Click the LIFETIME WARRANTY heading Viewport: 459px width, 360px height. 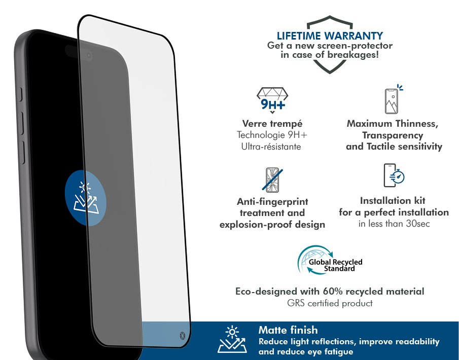pos(330,35)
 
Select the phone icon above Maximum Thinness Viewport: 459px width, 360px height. pos(394,99)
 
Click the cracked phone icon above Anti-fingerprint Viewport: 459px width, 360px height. pos(272,179)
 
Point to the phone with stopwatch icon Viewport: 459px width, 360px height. pos(394,175)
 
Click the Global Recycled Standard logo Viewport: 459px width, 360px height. pos(330,260)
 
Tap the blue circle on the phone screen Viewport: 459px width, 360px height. pos(86,198)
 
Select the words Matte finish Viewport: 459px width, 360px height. pos(288,330)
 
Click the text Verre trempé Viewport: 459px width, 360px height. pos(272,124)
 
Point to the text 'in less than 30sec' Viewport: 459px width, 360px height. pos(394,224)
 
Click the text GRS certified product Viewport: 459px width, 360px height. pos(330,303)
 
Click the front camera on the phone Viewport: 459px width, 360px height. pos(89,56)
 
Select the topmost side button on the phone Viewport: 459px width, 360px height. pos(20,94)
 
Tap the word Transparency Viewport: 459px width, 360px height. pos(393,135)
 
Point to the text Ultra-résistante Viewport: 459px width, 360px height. pos(271,147)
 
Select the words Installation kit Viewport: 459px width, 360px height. pos(393,201)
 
